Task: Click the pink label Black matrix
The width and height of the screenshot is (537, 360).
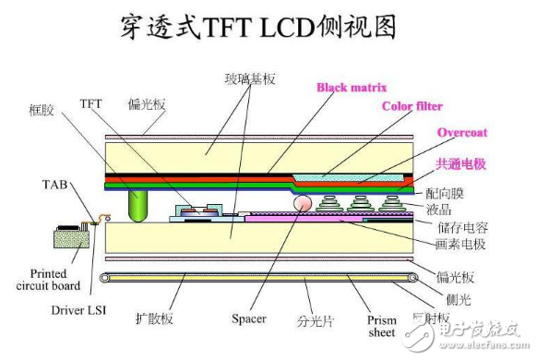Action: click(x=351, y=88)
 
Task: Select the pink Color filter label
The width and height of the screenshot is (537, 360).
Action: click(x=412, y=106)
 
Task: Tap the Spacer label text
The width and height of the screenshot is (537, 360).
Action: click(x=249, y=318)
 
